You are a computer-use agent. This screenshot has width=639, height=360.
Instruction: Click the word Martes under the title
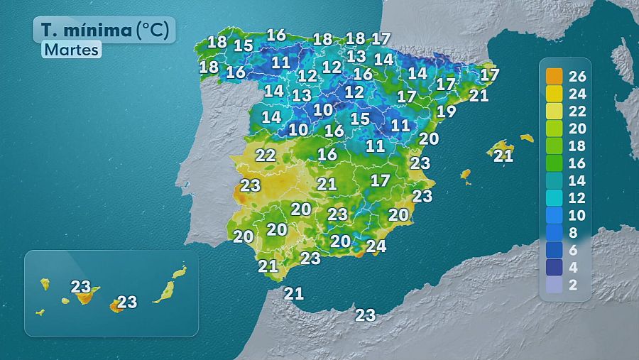(71, 50)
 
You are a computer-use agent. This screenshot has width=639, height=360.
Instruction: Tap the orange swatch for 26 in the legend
(554, 76)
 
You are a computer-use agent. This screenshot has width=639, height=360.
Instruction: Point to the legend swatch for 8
(554, 232)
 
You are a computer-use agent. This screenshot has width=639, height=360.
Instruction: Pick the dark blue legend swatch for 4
(554, 267)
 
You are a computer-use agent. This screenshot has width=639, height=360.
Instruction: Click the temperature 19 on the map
(446, 111)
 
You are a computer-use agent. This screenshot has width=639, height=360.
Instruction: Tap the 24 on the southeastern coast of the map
(376, 246)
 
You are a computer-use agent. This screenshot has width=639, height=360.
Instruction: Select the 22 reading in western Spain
(266, 155)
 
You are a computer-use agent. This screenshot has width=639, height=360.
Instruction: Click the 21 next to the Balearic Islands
(503, 156)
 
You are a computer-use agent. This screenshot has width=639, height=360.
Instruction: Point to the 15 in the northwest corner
(244, 46)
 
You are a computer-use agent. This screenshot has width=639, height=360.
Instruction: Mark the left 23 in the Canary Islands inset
(81, 288)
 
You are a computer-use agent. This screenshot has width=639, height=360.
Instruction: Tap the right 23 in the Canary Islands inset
(127, 302)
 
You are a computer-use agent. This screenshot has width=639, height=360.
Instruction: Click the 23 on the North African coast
(365, 315)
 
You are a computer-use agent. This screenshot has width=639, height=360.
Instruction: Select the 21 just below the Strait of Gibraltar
(294, 293)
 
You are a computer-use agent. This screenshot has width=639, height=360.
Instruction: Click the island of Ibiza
(466, 173)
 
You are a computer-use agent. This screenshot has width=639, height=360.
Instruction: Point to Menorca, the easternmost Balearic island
(526, 138)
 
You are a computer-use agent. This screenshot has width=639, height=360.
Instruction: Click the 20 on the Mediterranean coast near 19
(429, 139)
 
